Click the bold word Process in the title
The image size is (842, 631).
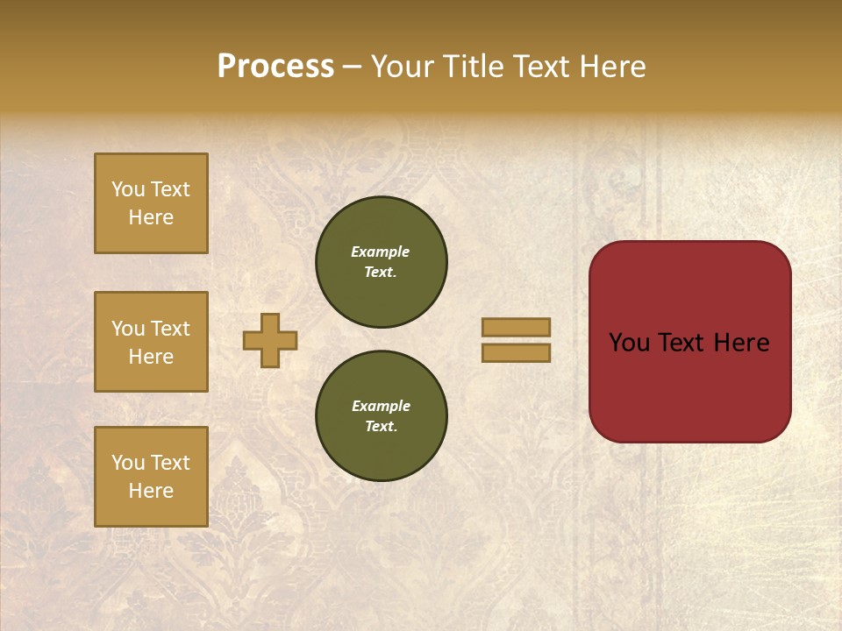[x=275, y=67]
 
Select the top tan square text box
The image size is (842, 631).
[x=151, y=203]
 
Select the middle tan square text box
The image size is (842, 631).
[x=151, y=342]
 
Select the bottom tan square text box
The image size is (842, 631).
[x=151, y=477]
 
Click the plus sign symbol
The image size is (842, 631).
[x=270, y=340]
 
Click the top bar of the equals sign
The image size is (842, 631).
[x=516, y=327]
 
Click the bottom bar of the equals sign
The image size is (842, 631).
[x=516, y=352]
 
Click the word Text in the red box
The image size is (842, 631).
[x=689, y=343]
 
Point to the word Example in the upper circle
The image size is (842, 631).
[x=380, y=252]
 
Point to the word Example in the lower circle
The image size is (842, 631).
[x=381, y=406]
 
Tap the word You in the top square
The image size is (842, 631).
[x=128, y=189]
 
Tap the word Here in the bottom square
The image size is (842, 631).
[x=151, y=491]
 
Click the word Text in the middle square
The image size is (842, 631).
[x=169, y=329]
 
